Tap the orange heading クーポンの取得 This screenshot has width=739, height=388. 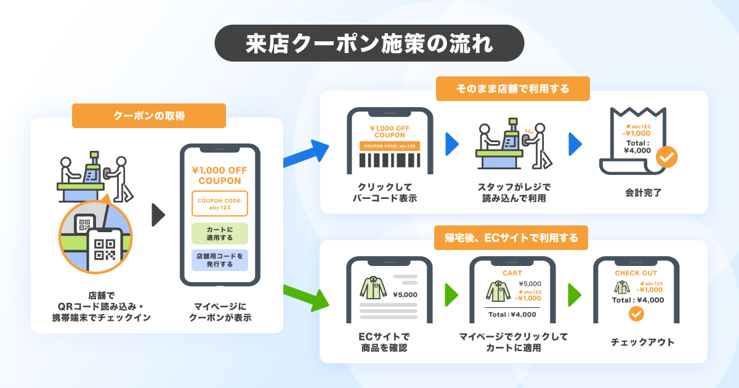[x=149, y=116]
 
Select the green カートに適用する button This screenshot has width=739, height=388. [x=220, y=233]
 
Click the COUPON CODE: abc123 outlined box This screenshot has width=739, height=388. [x=220, y=203]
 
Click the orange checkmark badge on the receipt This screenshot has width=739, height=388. [x=666, y=157]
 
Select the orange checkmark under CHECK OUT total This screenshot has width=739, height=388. [x=636, y=314]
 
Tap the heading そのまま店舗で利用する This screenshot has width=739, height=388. [x=512, y=89]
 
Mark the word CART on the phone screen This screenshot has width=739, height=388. [x=512, y=273]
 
